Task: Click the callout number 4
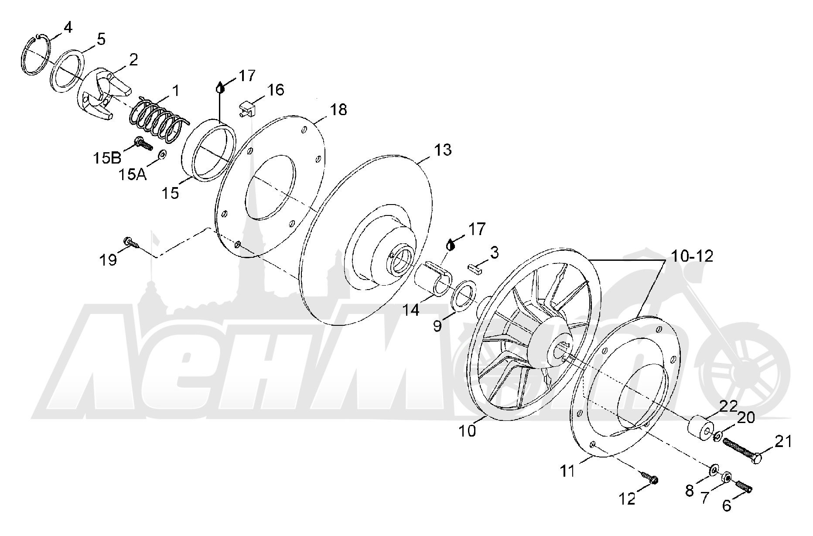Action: click(x=68, y=28)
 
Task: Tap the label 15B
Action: click(x=106, y=158)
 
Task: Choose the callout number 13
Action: click(x=442, y=150)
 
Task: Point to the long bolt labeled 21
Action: click(x=742, y=449)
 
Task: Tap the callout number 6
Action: click(x=726, y=505)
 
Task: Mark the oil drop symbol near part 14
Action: click(x=451, y=244)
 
